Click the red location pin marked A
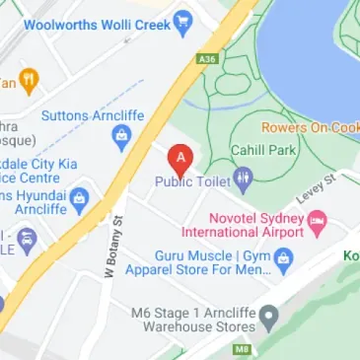click(x=180, y=159)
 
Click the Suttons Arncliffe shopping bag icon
click(x=123, y=137)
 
